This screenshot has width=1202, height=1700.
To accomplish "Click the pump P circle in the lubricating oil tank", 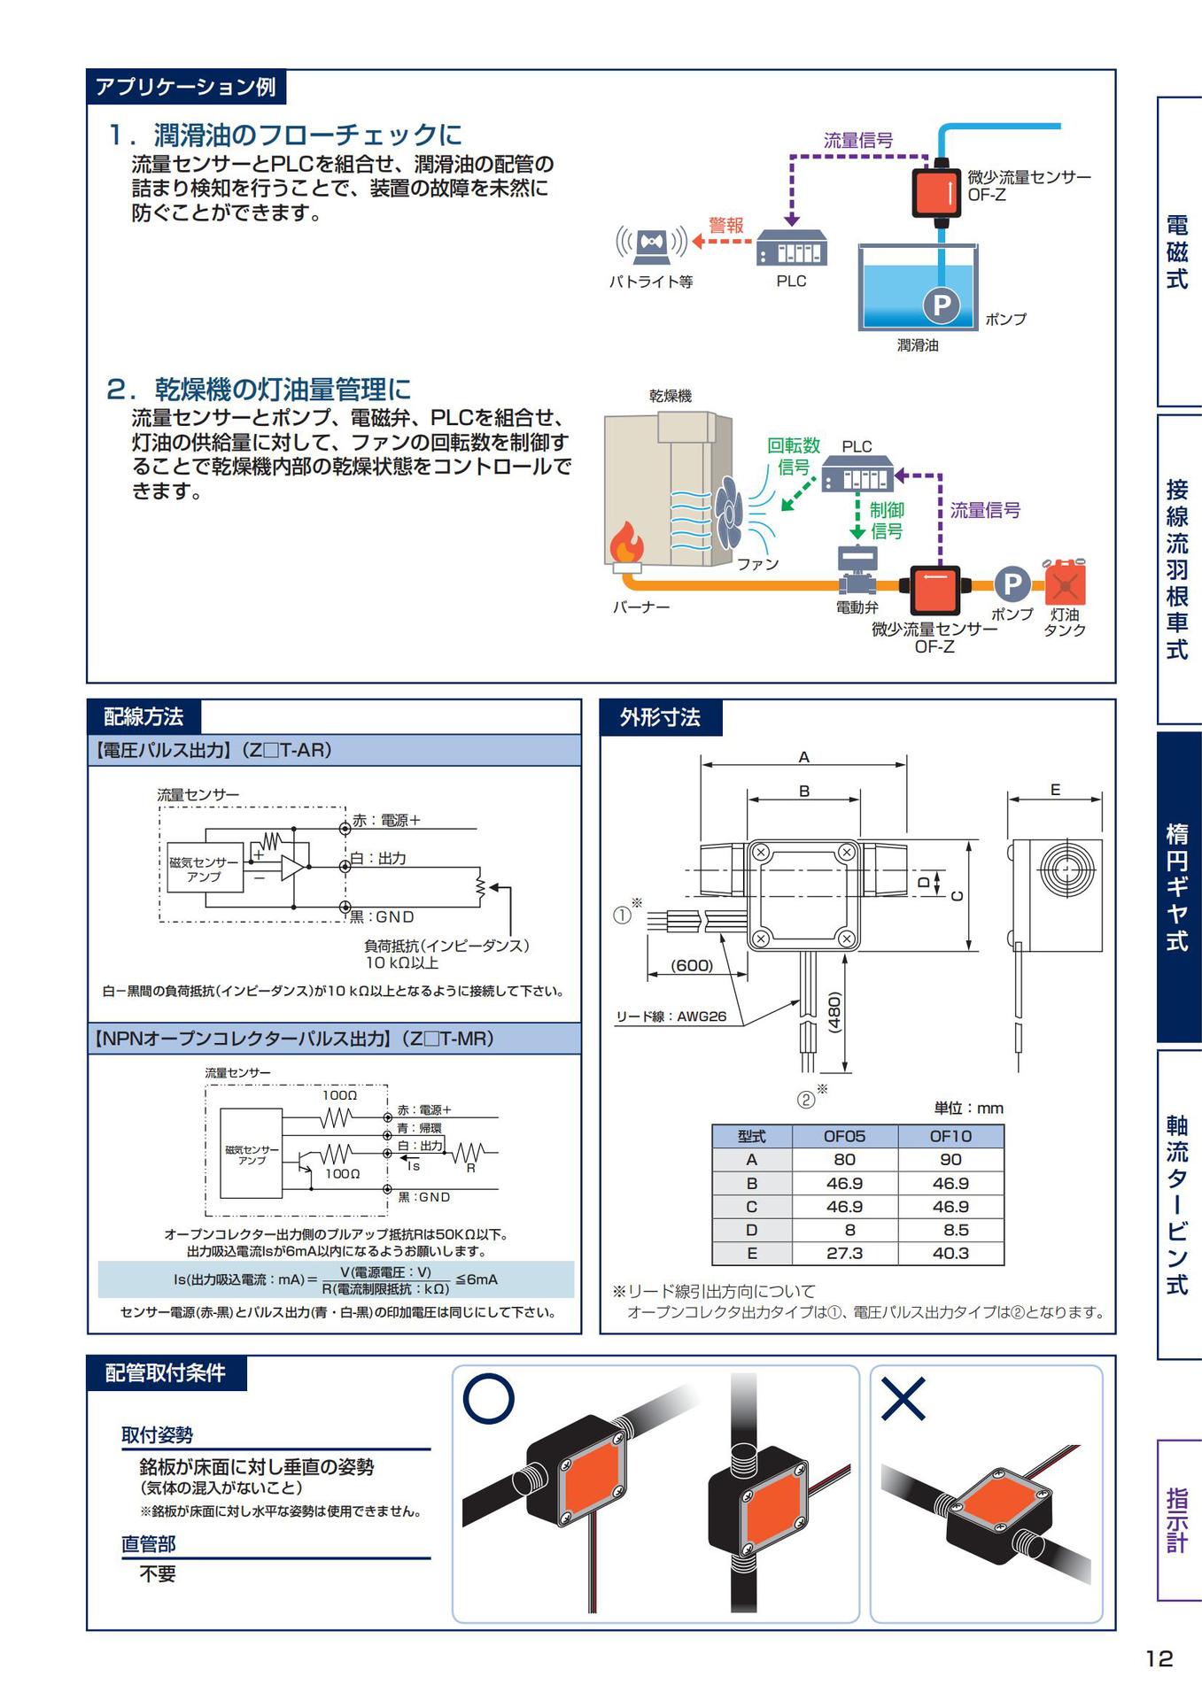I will pos(942,305).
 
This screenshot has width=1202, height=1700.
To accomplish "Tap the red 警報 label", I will pos(725,226).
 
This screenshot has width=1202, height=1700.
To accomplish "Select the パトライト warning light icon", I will pos(651,244).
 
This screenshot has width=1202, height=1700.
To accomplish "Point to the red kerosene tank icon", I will pos(1066,582).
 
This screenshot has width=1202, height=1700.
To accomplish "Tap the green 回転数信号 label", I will pos(793,456).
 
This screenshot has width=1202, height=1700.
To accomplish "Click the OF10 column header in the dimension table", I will pos(950,1136).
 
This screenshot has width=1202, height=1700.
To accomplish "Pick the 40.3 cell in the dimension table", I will pos(950,1253).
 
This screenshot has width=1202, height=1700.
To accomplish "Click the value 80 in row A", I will pos(844,1160).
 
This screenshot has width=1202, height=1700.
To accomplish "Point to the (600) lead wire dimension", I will pos(692,965).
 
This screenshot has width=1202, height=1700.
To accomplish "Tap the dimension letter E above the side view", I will pos(1055,790).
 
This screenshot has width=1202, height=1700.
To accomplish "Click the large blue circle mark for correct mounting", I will pos(488,1400).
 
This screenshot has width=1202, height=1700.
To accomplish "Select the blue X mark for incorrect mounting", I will pos(903,1400).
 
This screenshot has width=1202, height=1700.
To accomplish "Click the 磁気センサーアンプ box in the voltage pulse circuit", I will pos(204,869).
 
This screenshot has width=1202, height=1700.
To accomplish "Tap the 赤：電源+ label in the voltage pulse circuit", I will pos(386,821).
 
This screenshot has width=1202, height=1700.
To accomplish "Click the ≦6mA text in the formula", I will pos(477,1279).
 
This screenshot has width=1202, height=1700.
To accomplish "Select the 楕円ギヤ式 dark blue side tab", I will pos(1177,886).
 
